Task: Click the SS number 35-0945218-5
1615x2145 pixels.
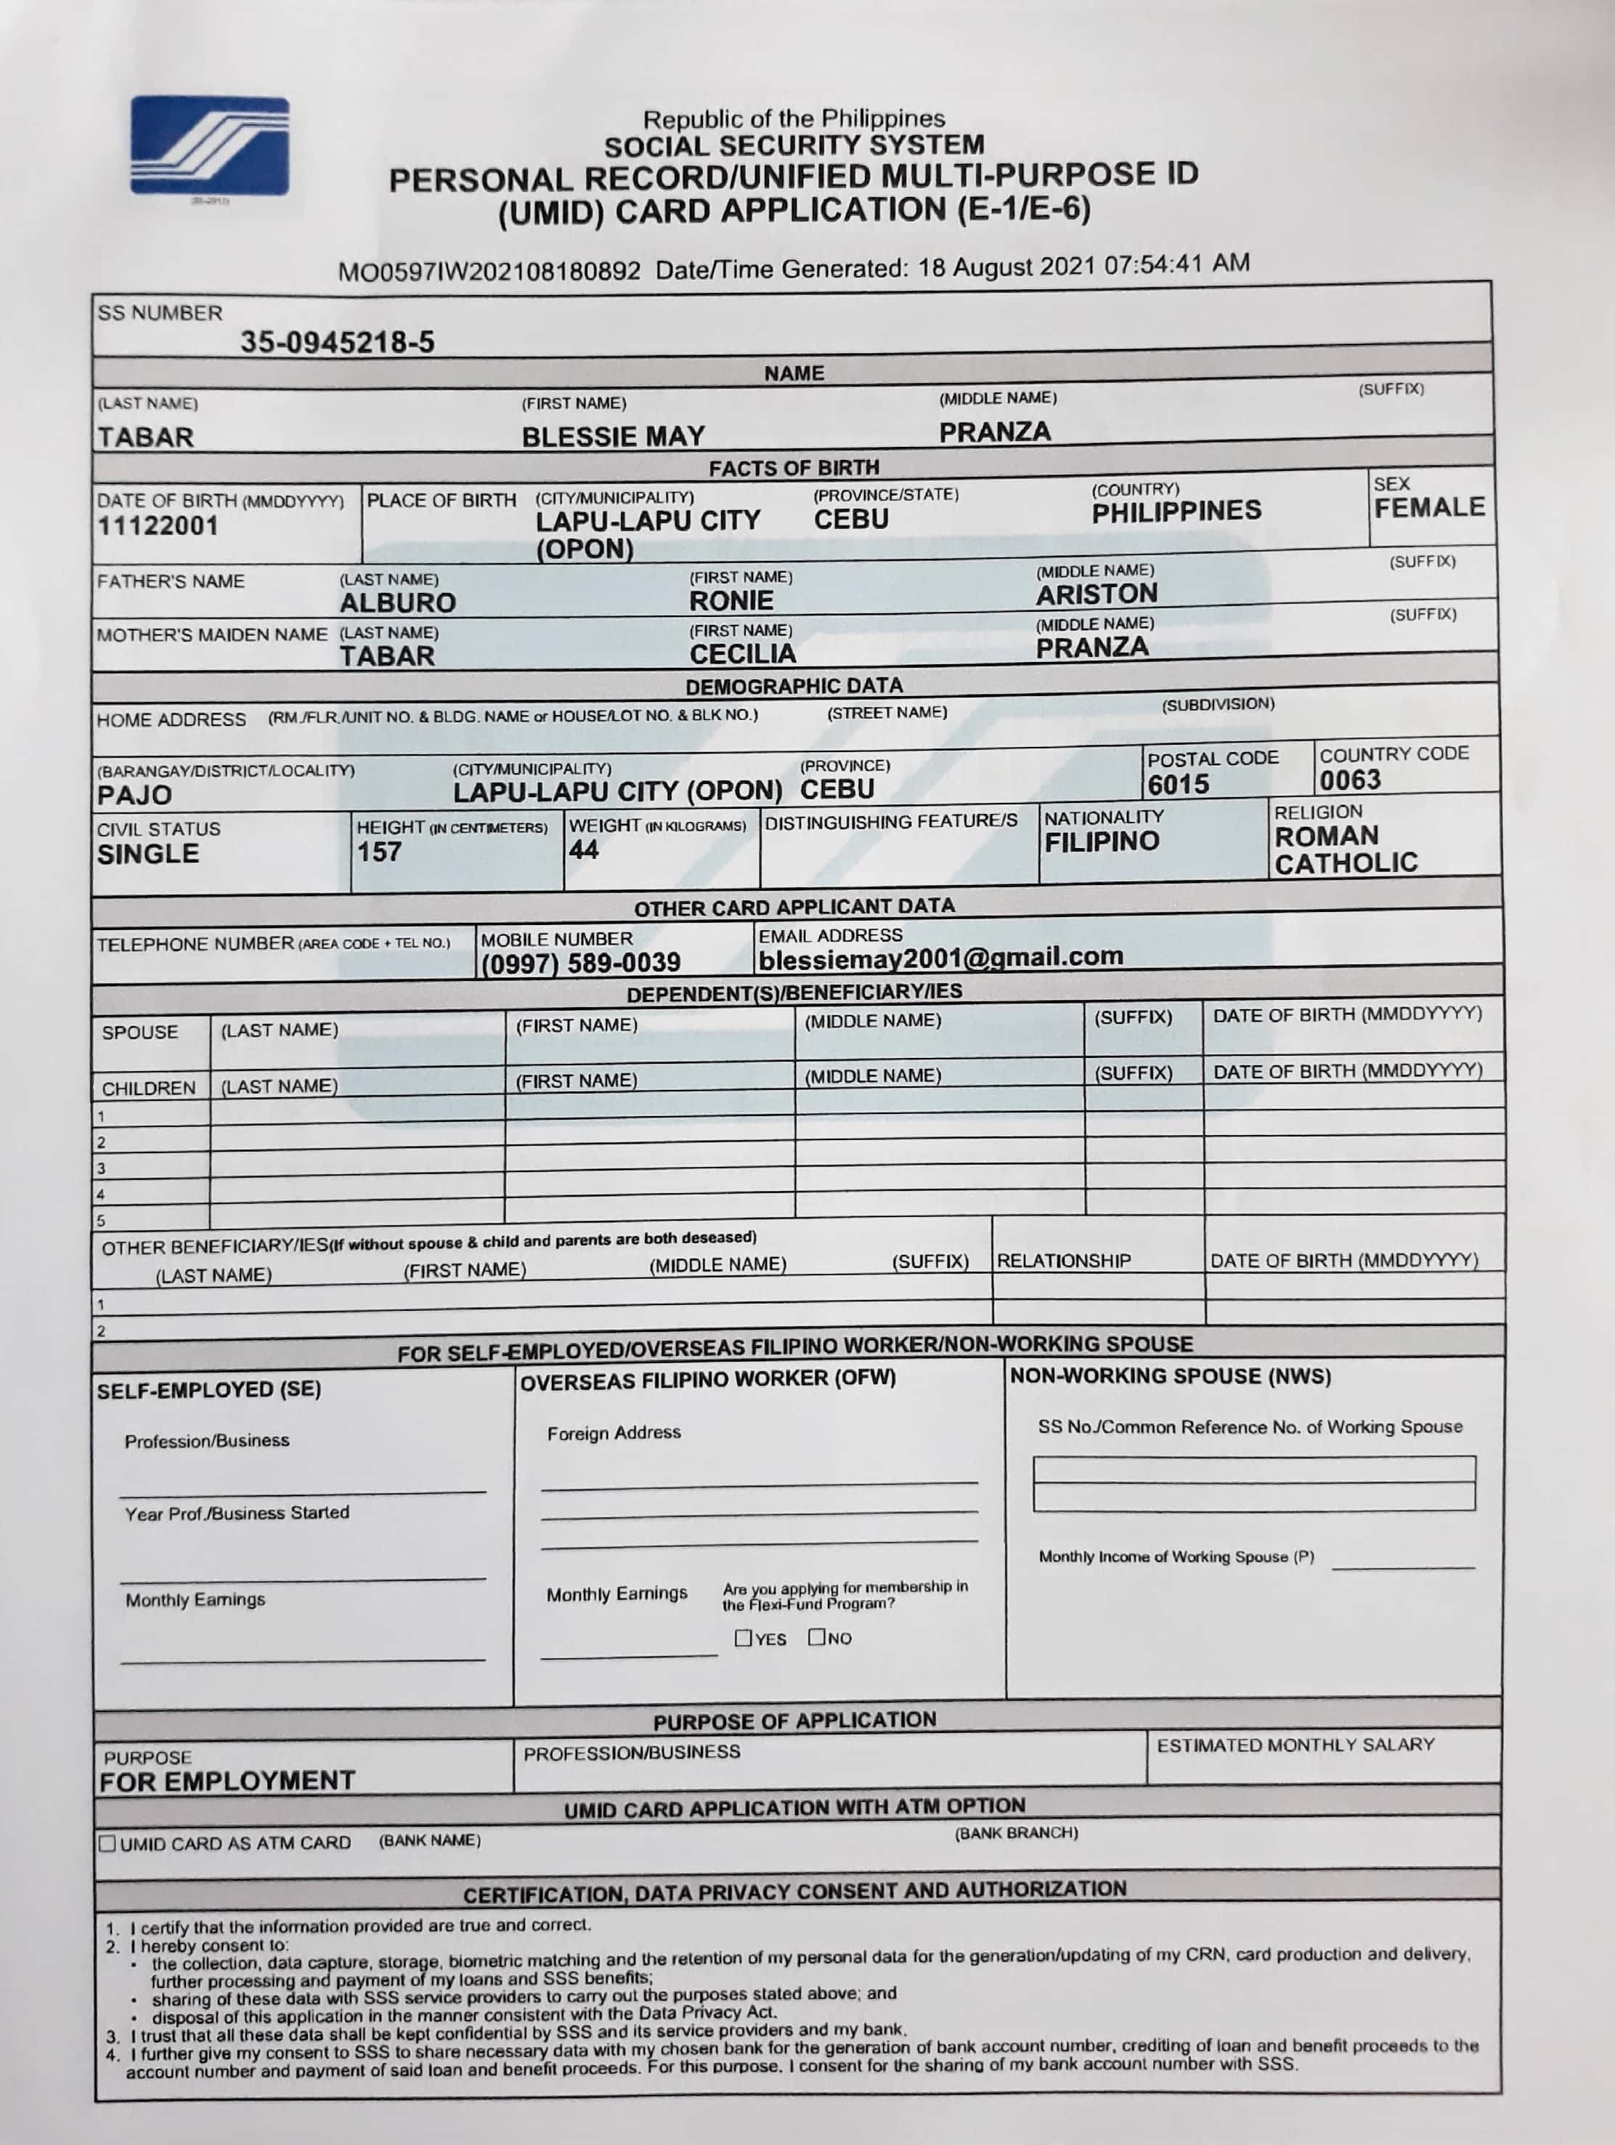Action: click(338, 342)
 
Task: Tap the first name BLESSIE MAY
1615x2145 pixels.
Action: click(613, 437)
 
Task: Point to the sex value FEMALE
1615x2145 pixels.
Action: click(1429, 507)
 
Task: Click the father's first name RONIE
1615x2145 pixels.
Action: click(731, 601)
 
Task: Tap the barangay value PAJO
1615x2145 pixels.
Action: click(135, 795)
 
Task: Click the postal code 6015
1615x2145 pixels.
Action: click(1178, 785)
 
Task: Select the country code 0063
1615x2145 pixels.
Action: click(1349, 780)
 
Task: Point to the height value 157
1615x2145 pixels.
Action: click(378, 852)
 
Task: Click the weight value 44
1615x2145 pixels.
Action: click(584, 850)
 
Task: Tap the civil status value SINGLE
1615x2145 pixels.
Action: click(147, 855)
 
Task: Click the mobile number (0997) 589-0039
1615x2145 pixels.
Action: click(581, 963)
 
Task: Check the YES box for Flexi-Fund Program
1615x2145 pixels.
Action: click(744, 1638)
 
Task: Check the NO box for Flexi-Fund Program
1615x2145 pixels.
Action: click(817, 1637)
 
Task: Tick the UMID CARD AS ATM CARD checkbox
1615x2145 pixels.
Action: click(107, 1843)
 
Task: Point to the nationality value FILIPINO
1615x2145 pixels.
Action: click(1101, 841)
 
